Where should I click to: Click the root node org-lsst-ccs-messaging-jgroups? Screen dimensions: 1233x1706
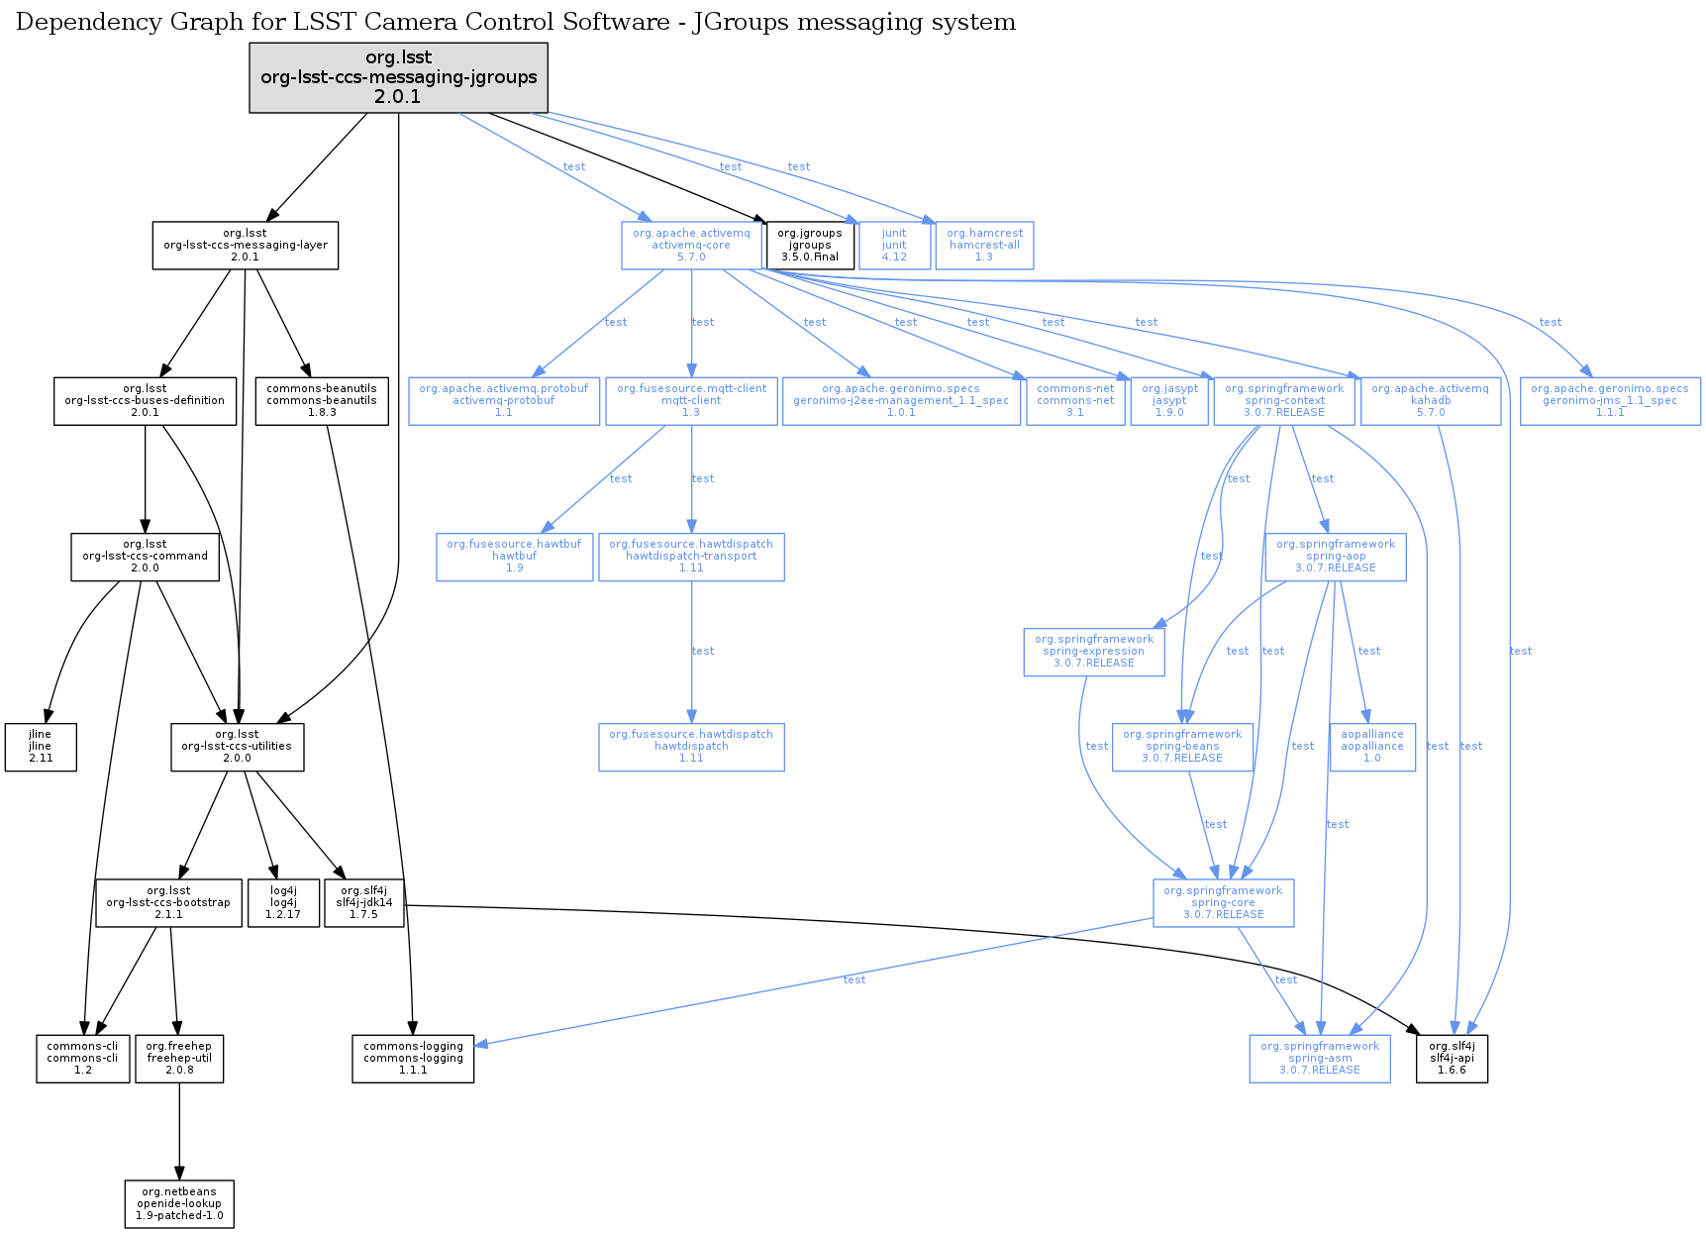[398, 77]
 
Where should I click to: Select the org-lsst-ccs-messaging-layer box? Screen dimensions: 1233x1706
[246, 245]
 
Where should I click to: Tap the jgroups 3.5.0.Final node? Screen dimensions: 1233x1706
[810, 245]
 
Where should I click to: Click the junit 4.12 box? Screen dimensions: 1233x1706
[894, 245]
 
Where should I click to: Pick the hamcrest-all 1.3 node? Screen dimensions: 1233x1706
[984, 245]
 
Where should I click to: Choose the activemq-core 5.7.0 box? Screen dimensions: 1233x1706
[691, 245]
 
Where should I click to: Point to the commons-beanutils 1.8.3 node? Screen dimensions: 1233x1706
[322, 400]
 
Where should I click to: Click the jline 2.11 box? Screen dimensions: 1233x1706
[41, 747]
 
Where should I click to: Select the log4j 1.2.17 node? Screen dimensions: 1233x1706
[283, 902]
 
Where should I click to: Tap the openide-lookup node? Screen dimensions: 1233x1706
[179, 1203]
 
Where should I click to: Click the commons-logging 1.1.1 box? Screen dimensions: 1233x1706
[413, 1058]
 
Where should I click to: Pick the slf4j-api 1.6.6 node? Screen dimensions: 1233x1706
[1452, 1058]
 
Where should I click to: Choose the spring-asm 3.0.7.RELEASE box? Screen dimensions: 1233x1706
[1320, 1058]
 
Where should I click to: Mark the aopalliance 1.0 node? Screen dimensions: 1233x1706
[1372, 747]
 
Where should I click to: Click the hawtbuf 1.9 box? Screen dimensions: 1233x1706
[515, 557]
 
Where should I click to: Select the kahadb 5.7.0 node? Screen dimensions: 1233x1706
[1430, 400]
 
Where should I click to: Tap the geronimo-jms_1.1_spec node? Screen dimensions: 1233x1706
[1610, 400]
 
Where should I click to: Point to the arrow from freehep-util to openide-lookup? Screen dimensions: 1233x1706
[179, 1130]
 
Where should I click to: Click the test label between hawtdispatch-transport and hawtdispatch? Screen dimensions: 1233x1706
[703, 651]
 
